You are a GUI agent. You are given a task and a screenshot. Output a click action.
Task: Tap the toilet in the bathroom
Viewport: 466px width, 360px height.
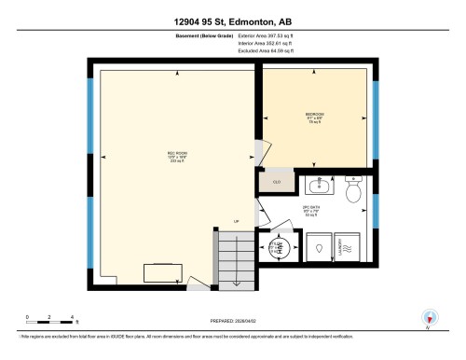(353, 191)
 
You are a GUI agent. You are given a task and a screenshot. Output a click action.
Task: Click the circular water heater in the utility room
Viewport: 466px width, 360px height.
(280, 248)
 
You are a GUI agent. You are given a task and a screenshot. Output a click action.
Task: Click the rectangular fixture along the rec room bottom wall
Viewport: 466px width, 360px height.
(161, 272)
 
